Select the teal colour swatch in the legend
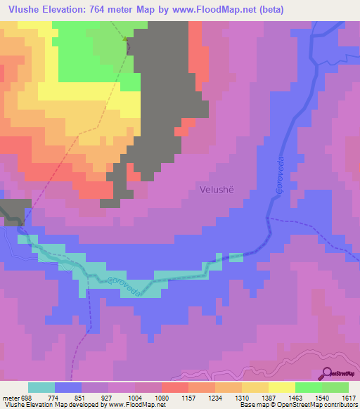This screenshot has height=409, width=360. tap(41, 387)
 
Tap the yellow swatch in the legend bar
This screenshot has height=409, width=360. tap(281, 387)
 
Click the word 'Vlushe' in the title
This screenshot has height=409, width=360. tap(21, 10)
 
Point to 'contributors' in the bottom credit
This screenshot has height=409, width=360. tap(340, 404)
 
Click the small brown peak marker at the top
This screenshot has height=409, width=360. tap(127, 39)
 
